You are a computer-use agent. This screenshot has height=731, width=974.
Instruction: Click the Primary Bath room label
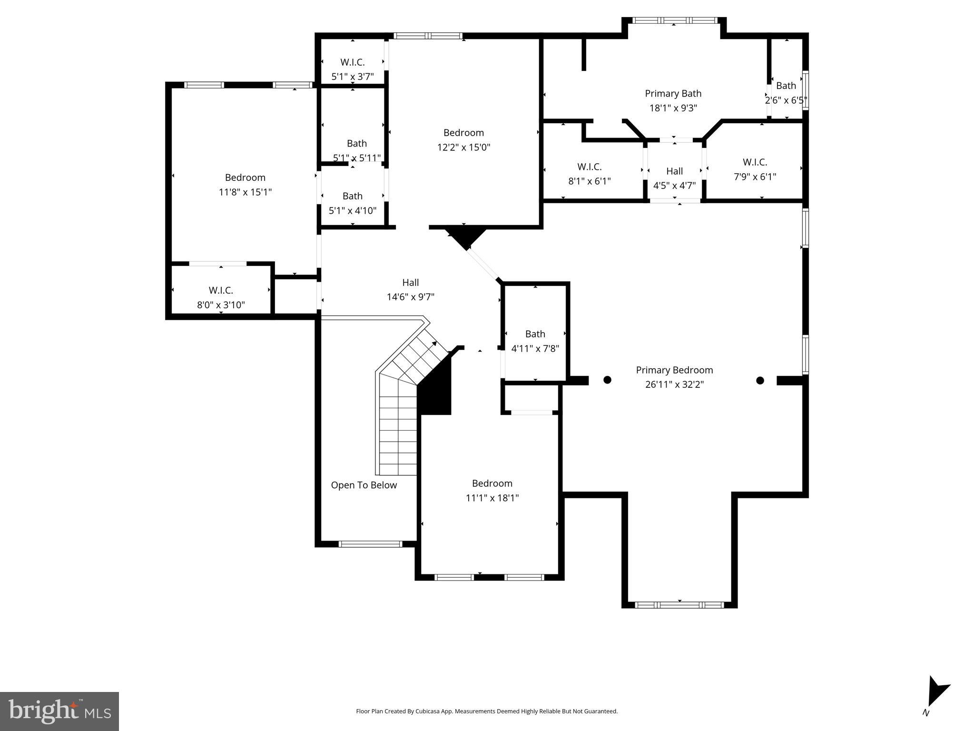[x=673, y=94]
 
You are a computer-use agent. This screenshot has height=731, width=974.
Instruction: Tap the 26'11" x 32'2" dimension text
[x=674, y=385]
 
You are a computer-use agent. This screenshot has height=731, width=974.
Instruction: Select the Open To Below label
[x=364, y=485]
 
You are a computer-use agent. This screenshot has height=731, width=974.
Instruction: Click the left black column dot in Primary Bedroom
[x=607, y=380]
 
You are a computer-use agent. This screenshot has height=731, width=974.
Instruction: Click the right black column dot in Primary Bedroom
[x=760, y=380]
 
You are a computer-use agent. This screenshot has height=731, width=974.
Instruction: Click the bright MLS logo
[x=59, y=711]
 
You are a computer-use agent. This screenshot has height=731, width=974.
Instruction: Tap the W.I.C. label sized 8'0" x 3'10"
[x=221, y=290]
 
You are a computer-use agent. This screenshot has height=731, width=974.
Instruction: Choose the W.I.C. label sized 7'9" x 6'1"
[x=755, y=162]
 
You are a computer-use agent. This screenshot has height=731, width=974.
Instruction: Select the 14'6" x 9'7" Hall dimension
[x=410, y=297]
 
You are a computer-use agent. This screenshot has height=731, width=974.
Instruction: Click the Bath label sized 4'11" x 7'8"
[x=535, y=334]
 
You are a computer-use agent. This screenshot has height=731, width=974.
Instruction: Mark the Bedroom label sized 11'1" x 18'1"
[x=492, y=484]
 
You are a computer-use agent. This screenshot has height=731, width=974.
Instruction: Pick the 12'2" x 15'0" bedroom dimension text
[x=463, y=148]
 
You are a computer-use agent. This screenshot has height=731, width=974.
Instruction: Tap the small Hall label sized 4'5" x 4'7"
[x=674, y=171]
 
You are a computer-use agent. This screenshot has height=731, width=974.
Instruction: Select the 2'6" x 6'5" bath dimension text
[x=786, y=100]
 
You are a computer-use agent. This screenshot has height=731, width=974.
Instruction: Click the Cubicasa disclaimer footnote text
[x=486, y=711]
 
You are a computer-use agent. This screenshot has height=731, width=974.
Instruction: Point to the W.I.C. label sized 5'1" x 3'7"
[x=352, y=62]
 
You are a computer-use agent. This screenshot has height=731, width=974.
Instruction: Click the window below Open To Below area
[x=370, y=544]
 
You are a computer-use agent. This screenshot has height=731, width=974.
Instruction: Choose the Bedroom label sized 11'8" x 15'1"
[x=245, y=178]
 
